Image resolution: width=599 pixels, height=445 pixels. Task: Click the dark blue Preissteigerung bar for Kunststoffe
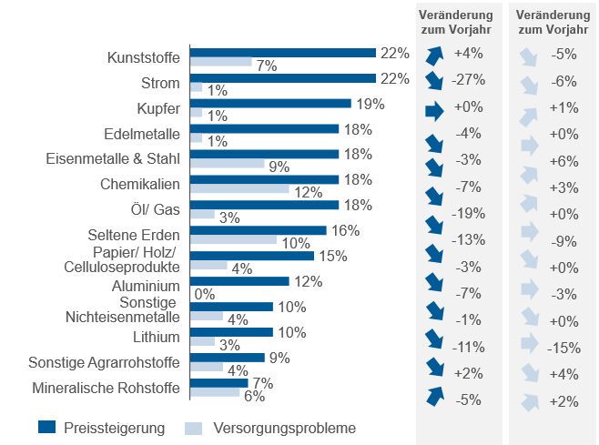pos(282,53)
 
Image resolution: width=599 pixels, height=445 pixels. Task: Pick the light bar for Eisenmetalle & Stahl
pos(227,164)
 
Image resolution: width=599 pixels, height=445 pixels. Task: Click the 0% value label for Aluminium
pos(204,293)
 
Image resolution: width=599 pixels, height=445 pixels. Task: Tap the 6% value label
pos(254,396)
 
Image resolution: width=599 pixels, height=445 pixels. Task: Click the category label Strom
pos(161,84)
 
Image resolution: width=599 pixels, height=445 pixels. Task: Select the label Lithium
pos(157,337)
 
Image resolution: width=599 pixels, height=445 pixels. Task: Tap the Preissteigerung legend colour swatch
pos(49,427)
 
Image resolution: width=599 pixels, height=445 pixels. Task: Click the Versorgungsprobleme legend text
pos(284,427)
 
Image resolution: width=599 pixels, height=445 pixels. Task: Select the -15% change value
pos(564,347)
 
